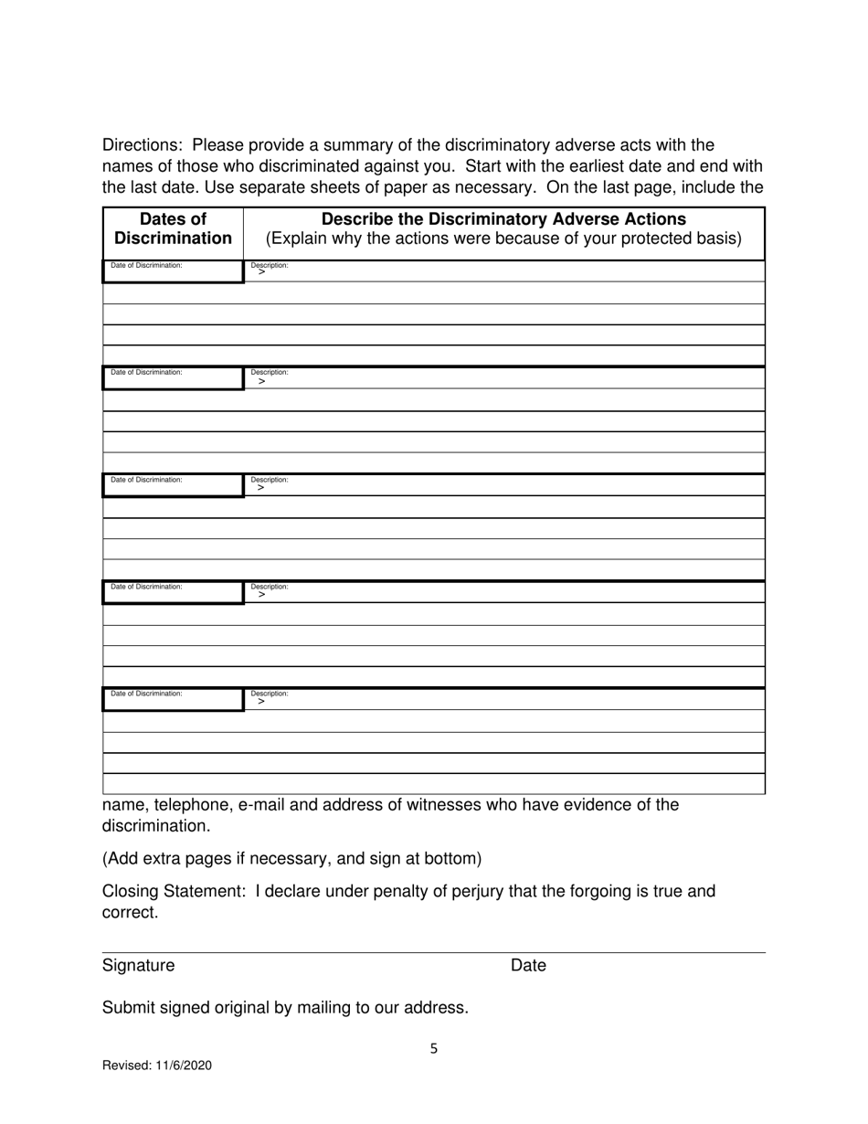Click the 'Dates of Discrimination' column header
173,229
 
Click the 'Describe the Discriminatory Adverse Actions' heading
503,219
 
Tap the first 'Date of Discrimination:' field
173,270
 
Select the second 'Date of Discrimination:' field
173,377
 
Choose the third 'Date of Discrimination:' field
173,484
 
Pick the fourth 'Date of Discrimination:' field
173,591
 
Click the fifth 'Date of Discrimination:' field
173,698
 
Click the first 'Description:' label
270,265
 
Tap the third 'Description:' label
270,479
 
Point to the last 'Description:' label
270,694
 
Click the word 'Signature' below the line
138,965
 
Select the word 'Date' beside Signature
528,965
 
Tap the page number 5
434,1049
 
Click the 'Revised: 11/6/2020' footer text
156,1065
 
